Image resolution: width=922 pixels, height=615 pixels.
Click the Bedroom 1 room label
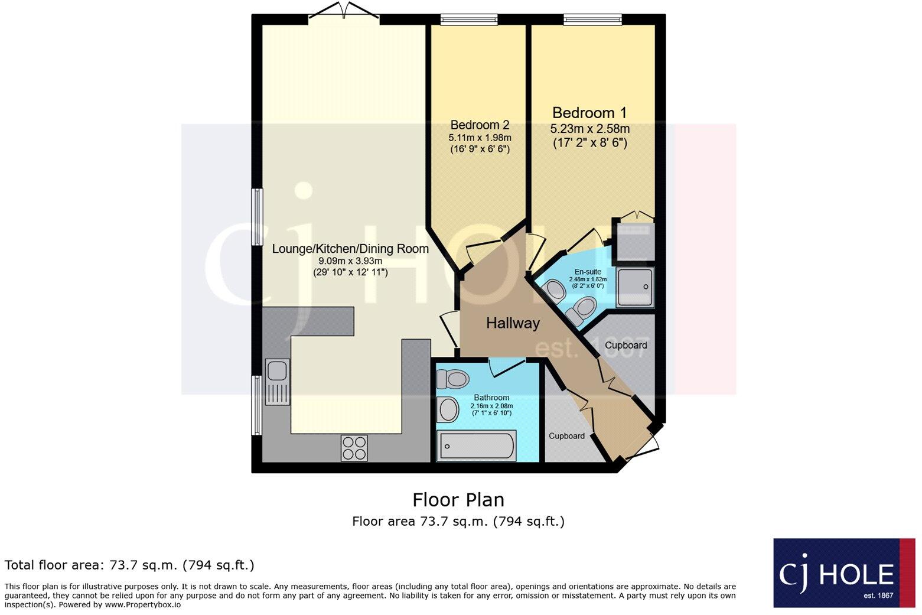[589, 113]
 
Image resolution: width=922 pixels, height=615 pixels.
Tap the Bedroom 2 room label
[479, 125]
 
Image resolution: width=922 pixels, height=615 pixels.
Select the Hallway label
[513, 323]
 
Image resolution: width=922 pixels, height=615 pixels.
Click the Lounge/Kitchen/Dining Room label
[350, 249]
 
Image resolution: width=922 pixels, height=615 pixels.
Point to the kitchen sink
[277, 372]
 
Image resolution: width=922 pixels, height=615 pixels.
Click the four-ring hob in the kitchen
[354, 447]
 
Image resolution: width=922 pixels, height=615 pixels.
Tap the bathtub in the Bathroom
[475, 445]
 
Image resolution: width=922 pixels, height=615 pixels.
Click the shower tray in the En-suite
[635, 287]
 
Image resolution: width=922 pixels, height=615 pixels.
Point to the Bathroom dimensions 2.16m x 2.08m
[491, 406]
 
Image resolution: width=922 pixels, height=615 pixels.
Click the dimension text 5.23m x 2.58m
[589, 129]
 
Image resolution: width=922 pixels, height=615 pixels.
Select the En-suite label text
[588, 272]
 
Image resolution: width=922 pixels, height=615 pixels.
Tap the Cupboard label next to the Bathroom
[566, 436]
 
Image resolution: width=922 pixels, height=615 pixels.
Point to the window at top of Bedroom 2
[469, 20]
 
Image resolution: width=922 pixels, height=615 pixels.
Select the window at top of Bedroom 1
[592, 20]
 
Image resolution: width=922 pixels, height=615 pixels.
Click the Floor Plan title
[458, 500]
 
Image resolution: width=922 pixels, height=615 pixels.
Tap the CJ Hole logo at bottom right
[843, 572]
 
